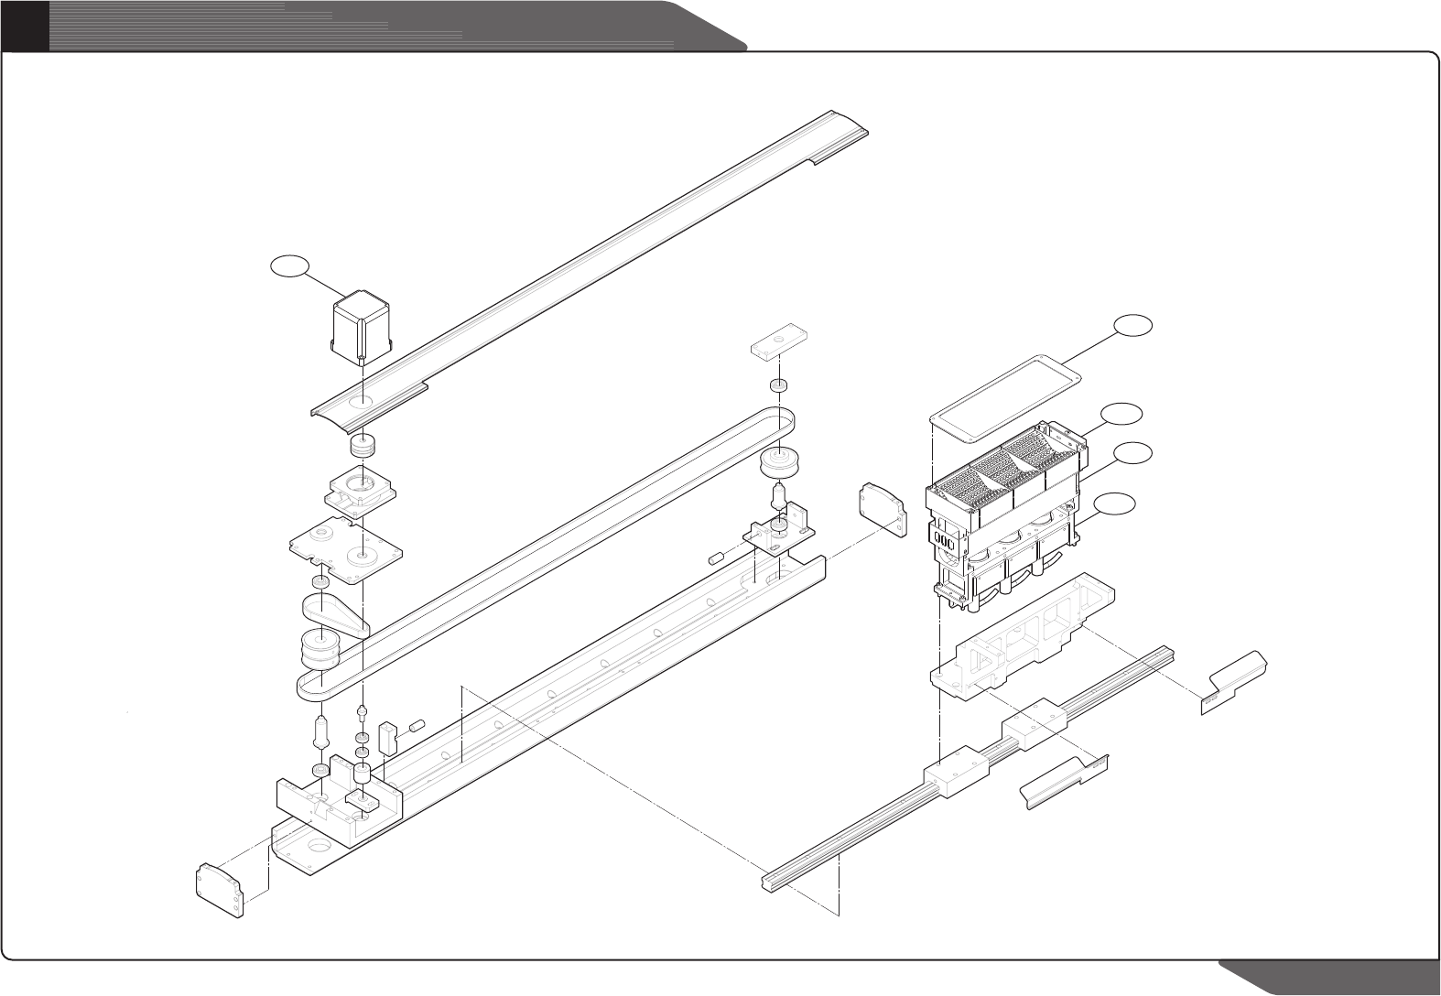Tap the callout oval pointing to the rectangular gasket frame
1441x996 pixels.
[1133, 326]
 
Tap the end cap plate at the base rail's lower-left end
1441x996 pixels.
[221, 889]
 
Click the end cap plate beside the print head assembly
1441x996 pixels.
[881, 510]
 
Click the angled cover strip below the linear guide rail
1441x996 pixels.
[1062, 781]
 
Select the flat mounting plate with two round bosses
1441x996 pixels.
[345, 549]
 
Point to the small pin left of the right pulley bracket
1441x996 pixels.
[717, 558]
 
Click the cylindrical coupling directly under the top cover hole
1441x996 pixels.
[364, 447]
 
